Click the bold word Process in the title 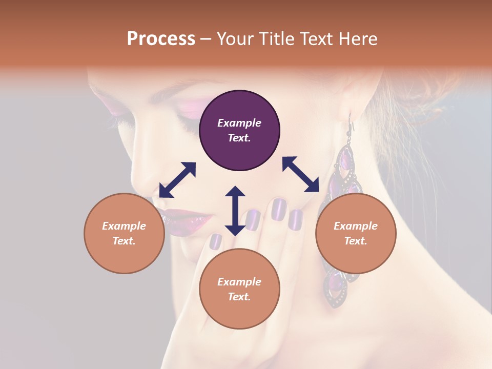coord(161,39)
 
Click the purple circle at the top coord(239,130)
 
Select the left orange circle coord(124,233)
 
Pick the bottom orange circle coord(239,289)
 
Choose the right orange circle coord(356,233)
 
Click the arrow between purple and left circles coord(177,179)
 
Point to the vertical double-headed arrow coord(235,211)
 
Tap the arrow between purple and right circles coord(301,174)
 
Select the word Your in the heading coord(234,39)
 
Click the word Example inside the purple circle coord(239,123)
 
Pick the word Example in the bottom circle coord(239,282)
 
